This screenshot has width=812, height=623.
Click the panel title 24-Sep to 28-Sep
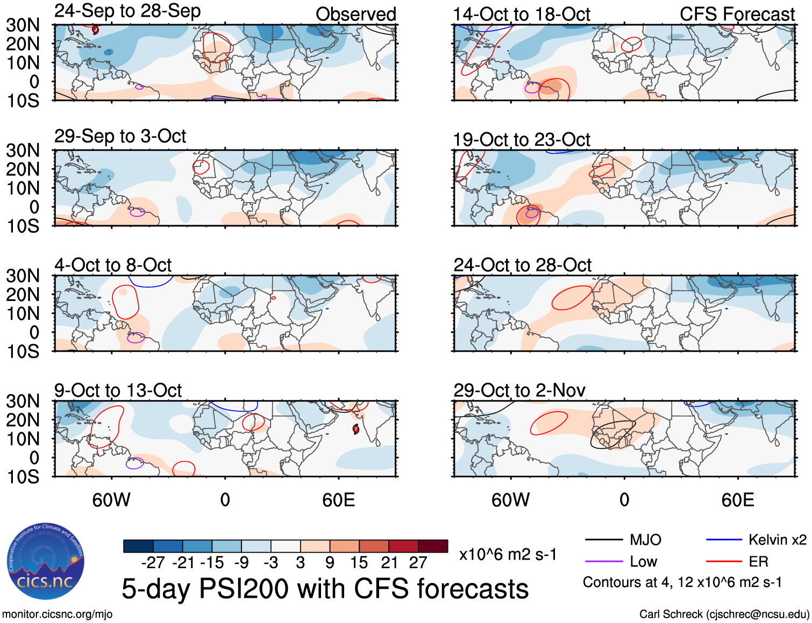[127, 11]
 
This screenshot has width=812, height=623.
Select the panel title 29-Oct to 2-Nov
[519, 390]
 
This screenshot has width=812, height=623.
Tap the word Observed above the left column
[355, 14]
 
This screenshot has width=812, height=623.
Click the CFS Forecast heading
[737, 14]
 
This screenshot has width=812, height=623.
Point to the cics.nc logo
[46, 562]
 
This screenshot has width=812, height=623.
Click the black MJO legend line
[604, 540]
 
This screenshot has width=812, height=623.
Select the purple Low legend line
[604, 562]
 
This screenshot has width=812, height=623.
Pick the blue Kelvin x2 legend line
[724, 540]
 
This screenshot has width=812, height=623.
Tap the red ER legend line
[724, 562]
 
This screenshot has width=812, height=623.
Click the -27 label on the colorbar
[153, 563]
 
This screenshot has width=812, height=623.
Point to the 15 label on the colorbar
[359, 563]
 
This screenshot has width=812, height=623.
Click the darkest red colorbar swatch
[433, 546]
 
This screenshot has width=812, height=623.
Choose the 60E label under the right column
[737, 500]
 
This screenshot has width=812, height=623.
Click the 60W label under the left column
[111, 500]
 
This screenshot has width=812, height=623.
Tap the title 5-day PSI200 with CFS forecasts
[325, 589]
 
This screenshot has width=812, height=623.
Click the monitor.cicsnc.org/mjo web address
[58, 614]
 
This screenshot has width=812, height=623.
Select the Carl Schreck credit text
[724, 614]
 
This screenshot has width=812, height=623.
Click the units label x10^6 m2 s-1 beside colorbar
[508, 554]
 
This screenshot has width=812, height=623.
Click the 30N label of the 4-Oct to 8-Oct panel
[23, 276]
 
